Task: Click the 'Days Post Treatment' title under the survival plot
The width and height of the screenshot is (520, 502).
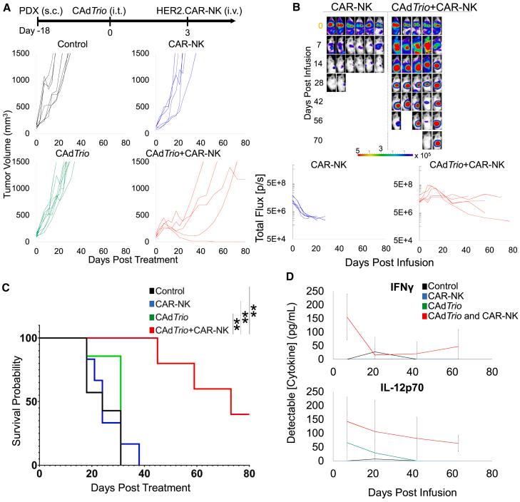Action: (140, 488)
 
